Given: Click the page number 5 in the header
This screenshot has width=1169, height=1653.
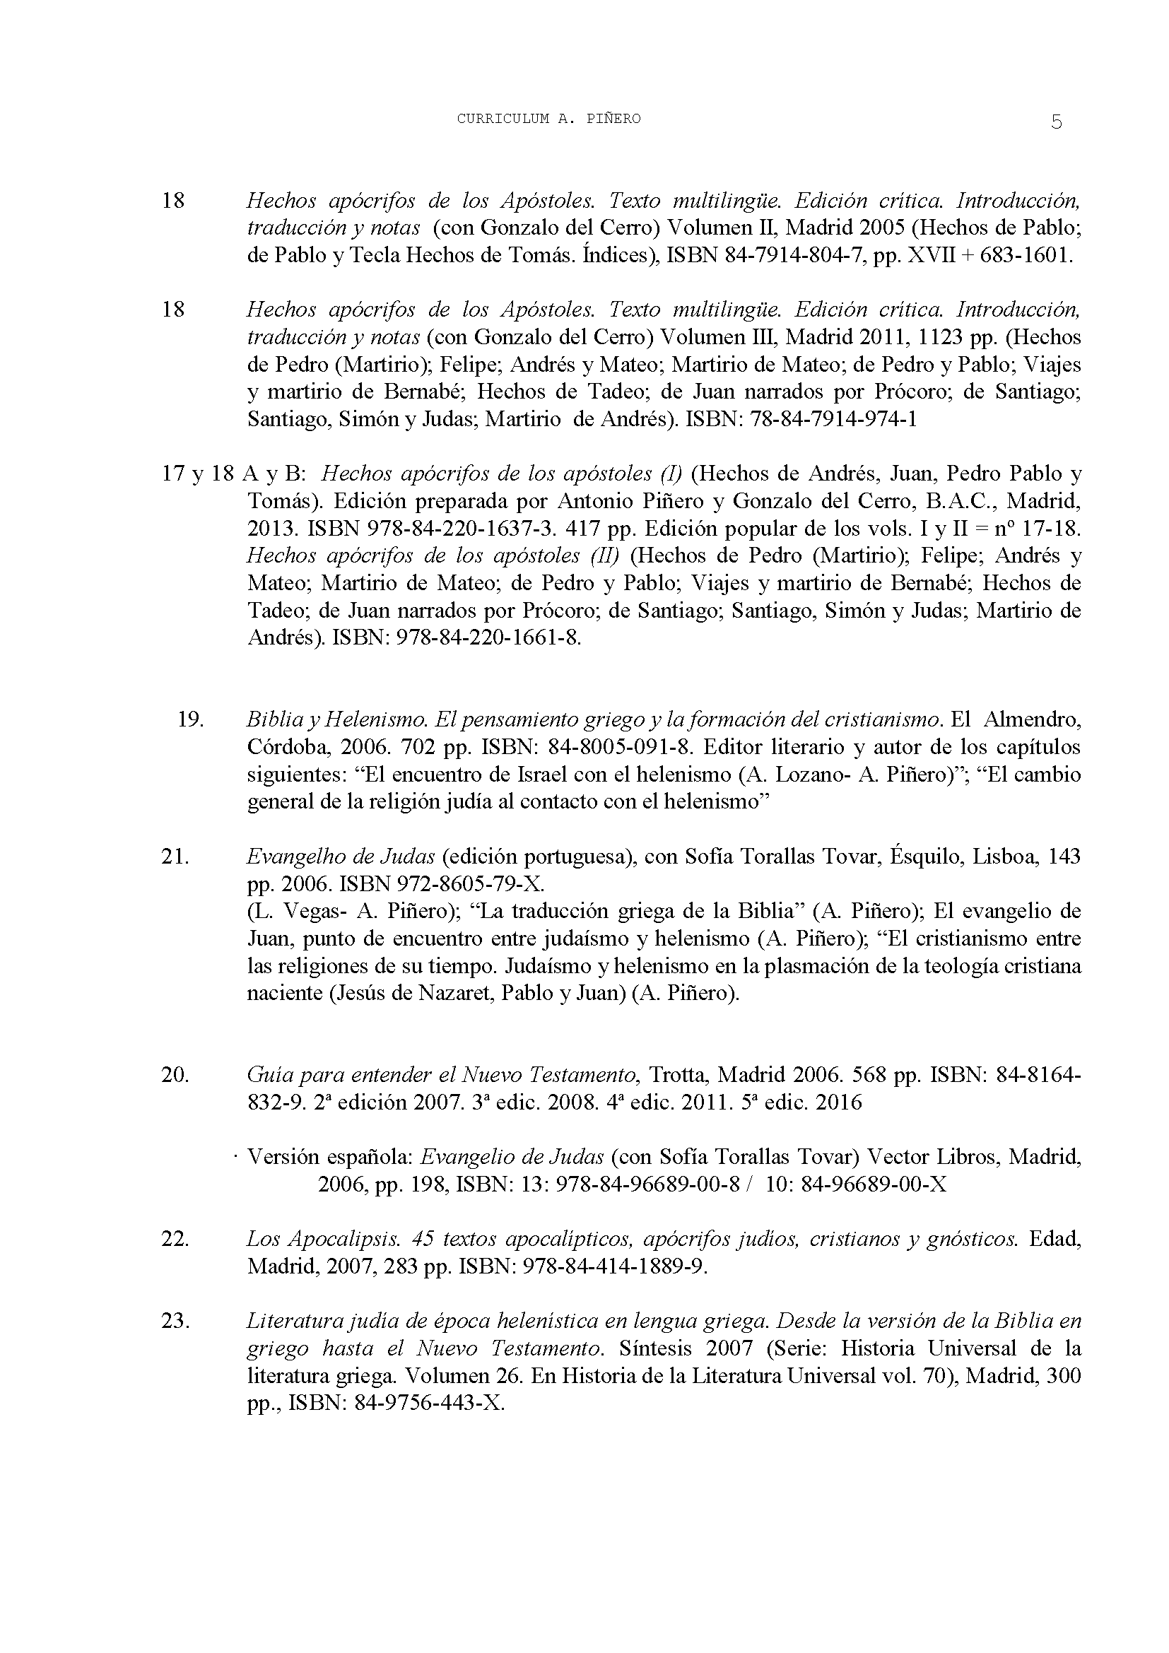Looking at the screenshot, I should [x=1056, y=122].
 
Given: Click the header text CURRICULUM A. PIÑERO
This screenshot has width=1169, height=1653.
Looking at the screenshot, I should [x=548, y=119].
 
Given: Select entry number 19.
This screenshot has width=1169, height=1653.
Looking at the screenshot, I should [x=191, y=719].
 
